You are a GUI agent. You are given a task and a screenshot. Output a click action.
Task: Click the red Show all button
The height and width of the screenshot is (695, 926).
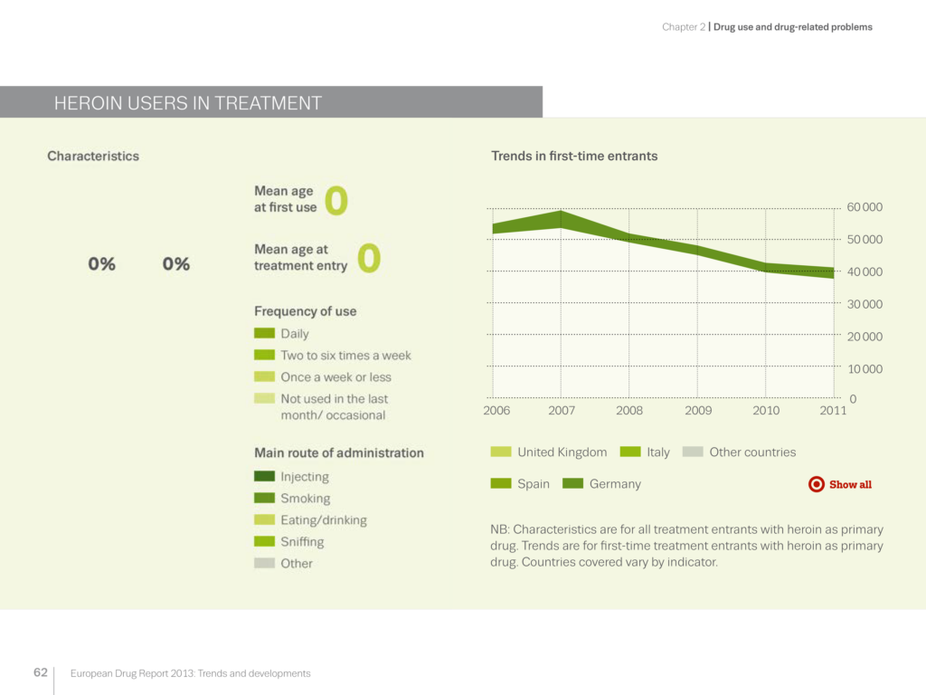tap(840, 484)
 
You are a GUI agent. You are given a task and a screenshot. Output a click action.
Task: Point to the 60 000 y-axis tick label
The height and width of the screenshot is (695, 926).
tap(865, 207)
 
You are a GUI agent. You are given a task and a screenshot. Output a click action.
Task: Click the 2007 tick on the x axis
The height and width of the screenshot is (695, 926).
tap(562, 410)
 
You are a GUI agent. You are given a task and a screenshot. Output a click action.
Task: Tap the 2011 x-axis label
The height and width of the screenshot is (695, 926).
tap(833, 410)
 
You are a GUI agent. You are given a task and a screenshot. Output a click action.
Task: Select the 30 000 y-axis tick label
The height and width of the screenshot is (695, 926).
tap(865, 304)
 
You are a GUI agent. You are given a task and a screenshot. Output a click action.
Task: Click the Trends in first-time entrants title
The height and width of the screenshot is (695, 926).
tap(574, 156)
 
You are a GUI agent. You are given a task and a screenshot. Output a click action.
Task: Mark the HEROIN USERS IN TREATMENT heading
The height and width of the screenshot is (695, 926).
tap(188, 103)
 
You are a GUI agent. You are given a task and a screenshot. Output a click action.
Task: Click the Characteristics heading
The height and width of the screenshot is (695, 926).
tap(93, 156)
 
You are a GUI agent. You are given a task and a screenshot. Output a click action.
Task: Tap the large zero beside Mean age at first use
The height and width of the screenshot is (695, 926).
tap(335, 201)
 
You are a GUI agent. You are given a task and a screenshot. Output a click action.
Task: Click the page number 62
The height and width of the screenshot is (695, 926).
tap(40, 672)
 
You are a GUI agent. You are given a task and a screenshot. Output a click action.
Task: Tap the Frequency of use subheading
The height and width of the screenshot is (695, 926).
tap(305, 311)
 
